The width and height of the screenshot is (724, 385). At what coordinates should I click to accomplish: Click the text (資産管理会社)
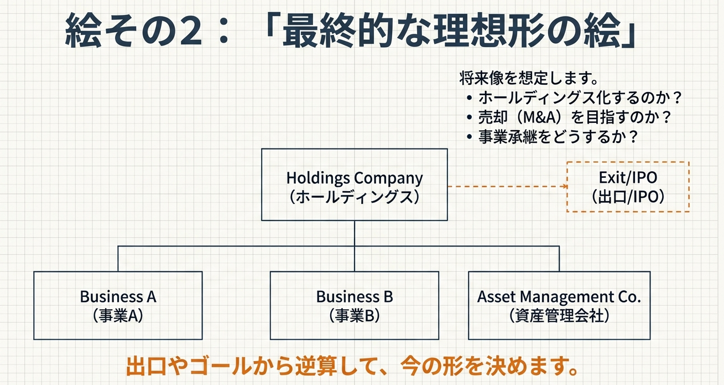(x=559, y=316)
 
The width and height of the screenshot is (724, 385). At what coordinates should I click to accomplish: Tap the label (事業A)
(x=118, y=316)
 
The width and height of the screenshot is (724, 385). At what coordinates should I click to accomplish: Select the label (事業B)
(x=354, y=316)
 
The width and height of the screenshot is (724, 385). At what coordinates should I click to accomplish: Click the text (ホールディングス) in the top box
(x=354, y=197)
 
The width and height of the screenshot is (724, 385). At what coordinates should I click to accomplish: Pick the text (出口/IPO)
(x=627, y=197)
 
